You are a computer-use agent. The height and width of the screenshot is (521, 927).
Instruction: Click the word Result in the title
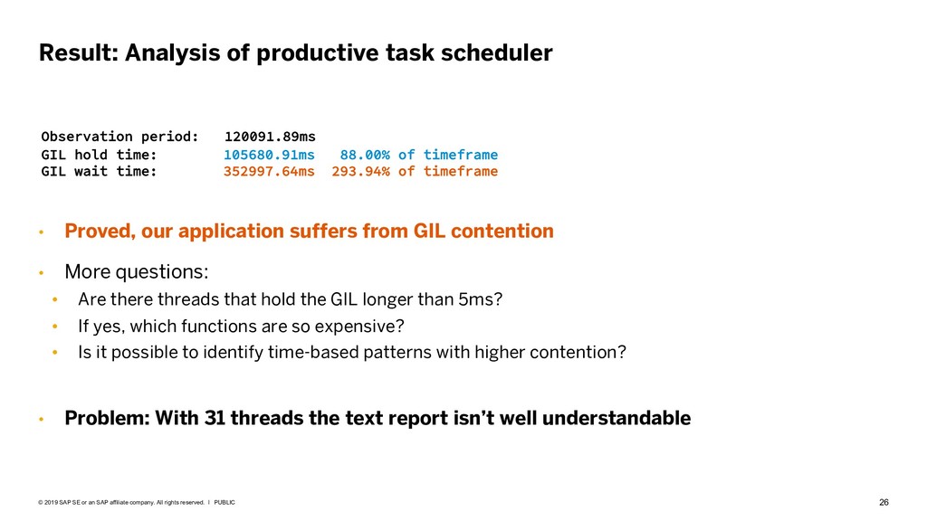79,52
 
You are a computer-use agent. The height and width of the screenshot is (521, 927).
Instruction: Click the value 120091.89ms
270,137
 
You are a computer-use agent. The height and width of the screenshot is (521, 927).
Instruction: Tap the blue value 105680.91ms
269,155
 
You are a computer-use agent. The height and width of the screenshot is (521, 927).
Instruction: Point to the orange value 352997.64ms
269,171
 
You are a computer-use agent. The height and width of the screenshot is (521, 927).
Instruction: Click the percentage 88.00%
365,155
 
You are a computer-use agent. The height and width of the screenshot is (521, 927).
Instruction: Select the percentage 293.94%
360,171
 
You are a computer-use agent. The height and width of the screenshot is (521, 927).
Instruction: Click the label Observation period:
120,137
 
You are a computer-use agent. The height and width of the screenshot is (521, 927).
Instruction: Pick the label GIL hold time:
99,155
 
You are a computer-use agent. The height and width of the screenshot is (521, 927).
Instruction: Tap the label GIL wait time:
99,171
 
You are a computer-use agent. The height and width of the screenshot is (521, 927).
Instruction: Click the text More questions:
137,271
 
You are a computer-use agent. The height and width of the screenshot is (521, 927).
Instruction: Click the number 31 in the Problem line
215,418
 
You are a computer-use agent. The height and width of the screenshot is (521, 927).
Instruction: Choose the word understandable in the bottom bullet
616,418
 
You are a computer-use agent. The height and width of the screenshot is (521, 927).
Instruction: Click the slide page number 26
884,502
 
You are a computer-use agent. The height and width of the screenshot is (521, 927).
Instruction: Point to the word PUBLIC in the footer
225,503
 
